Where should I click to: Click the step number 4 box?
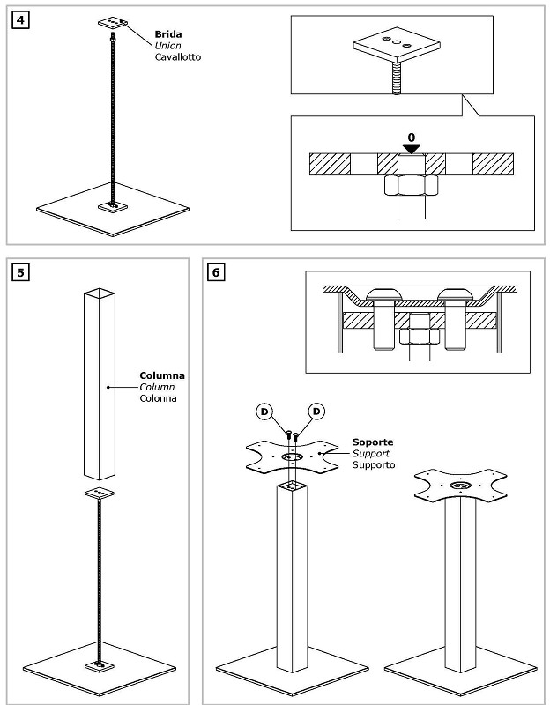tap(20, 20)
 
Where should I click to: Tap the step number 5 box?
tap(20, 272)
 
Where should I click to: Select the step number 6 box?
tap(216, 272)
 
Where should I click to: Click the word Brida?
tap(168, 34)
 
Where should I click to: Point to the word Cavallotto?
tap(178, 57)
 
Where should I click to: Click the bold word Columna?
tap(162, 375)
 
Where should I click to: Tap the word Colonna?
tap(158, 398)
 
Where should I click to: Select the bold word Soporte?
tap(372, 442)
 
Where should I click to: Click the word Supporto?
tap(373, 465)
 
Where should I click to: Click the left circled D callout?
tap(264, 412)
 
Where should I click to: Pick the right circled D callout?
tap(316, 412)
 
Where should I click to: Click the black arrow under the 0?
tap(412, 149)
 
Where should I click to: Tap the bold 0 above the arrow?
tap(412, 137)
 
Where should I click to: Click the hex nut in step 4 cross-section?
tap(412, 185)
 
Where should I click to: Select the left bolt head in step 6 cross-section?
tap(383, 294)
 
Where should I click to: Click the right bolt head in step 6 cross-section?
tap(455, 294)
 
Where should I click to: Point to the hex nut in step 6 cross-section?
tap(420, 337)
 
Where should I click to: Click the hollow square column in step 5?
tap(100, 384)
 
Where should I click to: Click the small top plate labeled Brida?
tap(113, 23)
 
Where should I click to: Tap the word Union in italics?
tap(167, 46)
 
